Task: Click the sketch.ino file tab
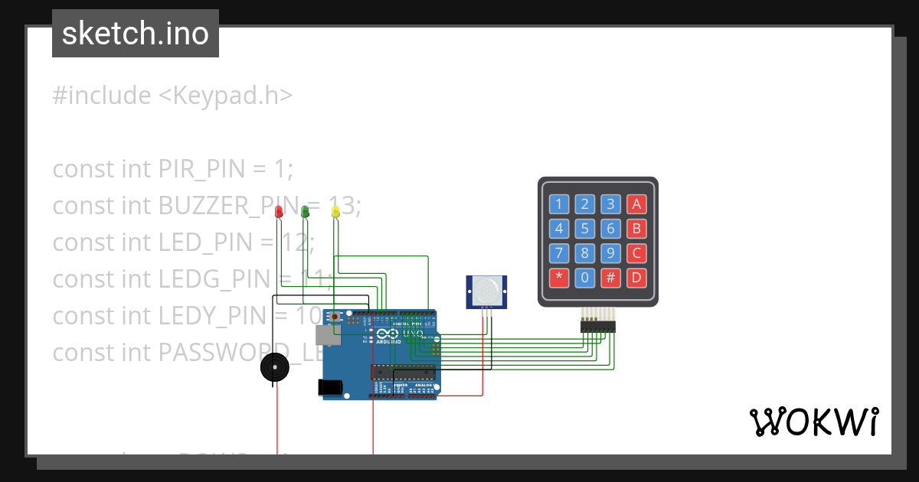[136, 34]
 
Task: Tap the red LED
[279, 210]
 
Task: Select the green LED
[306, 210]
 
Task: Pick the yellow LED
[335, 211]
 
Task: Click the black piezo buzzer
[275, 368]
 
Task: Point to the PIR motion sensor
[485, 291]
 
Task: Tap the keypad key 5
[584, 228]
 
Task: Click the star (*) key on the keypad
[559, 277]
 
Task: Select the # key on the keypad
[610, 277]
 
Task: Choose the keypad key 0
[584, 277]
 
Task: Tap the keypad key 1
[559, 204]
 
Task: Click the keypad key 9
[610, 252]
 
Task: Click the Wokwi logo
[813, 422]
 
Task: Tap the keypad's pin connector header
[597, 325]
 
